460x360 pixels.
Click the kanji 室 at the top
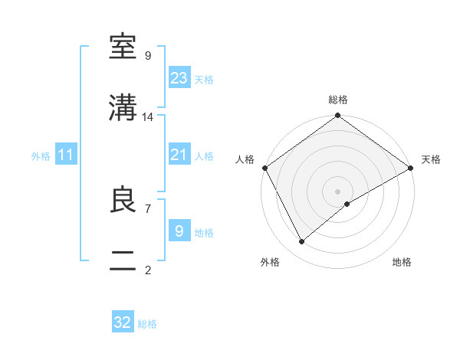click(123, 47)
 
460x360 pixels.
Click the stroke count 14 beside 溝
click(148, 117)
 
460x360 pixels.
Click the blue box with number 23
click(179, 77)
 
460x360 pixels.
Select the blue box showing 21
click(179, 155)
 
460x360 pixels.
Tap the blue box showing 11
click(66, 155)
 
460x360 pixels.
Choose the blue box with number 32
click(123, 322)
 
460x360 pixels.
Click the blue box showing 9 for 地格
click(179, 231)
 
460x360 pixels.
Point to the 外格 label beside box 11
click(41, 156)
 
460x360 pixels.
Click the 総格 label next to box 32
click(147, 324)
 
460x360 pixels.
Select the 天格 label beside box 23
click(204, 79)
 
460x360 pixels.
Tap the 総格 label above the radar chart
click(338, 100)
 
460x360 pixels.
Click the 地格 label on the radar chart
click(402, 263)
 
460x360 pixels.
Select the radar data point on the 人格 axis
click(264, 168)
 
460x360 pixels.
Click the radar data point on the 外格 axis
click(302, 241)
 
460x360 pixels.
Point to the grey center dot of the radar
click(338, 191)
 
